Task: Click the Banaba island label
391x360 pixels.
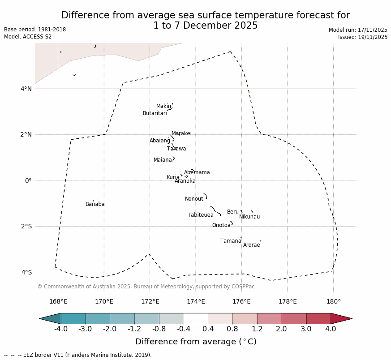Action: point(95,205)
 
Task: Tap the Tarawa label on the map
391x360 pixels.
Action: point(176,149)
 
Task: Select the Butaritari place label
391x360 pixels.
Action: point(155,114)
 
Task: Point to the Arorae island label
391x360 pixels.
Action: point(251,245)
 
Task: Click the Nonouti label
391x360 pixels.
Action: point(194,199)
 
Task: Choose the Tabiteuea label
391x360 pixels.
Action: point(200,215)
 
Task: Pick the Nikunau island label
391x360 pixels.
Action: point(249,217)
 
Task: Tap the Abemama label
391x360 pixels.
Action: point(197,173)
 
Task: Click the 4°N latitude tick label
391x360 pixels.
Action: point(26,89)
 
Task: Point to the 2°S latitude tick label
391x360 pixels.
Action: point(26,227)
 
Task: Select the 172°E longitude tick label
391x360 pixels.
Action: point(150,301)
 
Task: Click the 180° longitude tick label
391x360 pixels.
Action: point(333,301)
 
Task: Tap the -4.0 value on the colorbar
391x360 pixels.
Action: point(61,329)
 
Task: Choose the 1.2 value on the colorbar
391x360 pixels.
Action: point(257,329)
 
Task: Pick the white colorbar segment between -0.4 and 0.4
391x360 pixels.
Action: point(196,318)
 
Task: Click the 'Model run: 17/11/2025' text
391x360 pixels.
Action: point(358,30)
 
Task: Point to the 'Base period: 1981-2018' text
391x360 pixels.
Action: point(35,30)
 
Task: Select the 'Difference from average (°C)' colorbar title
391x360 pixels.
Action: point(196,342)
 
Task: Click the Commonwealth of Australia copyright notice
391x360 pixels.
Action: point(146,287)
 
